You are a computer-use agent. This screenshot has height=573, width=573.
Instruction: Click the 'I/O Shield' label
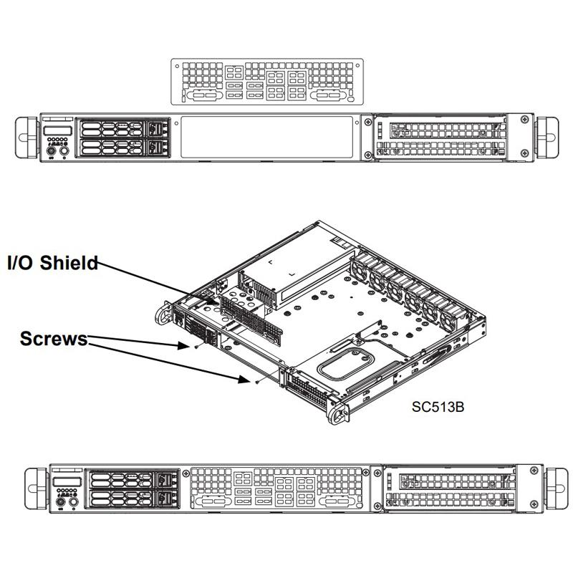coord(52,264)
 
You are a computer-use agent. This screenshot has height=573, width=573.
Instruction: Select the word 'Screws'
coord(54,337)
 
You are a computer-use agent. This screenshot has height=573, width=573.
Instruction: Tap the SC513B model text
coord(438,407)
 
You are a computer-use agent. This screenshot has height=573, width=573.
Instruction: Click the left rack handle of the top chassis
coord(27,136)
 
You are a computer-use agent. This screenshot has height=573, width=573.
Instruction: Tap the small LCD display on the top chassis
coord(57,131)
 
